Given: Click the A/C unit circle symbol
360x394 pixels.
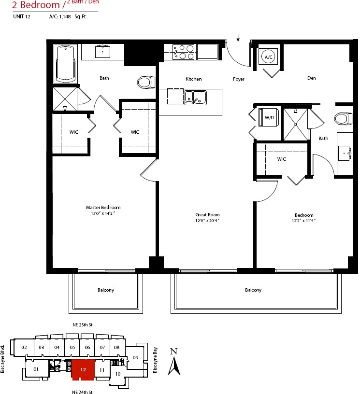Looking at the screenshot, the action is click(268, 57).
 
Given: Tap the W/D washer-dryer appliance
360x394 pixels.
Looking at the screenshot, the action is click(269, 117).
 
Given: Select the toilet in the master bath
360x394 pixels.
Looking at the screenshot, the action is click(146, 82).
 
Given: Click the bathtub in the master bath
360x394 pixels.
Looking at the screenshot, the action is click(65, 64).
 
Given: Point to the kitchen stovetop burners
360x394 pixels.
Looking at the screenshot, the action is click(183, 52).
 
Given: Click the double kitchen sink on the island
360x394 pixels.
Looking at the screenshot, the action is click(196, 98).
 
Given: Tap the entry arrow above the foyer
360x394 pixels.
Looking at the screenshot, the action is click(238, 38).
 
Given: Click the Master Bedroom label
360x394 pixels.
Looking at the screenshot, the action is click(103, 208).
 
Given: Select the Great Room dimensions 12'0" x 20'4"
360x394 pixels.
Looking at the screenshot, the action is click(207, 221).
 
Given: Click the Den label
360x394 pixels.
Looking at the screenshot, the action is click(312, 78).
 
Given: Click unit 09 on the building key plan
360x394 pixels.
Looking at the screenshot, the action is click(135, 357).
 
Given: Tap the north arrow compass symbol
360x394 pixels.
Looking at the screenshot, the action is click(174, 362).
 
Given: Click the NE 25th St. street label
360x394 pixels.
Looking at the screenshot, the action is click(83, 325).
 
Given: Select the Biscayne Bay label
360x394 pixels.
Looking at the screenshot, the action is click(155, 360).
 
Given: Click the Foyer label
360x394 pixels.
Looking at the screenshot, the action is click(239, 79).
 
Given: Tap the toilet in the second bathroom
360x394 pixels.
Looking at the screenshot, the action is click(344, 119).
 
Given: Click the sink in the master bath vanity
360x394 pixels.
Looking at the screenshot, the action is click(102, 52).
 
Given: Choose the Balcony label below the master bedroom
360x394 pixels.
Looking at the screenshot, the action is click(106, 290).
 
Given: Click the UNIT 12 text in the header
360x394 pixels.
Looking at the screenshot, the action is click(22, 16).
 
